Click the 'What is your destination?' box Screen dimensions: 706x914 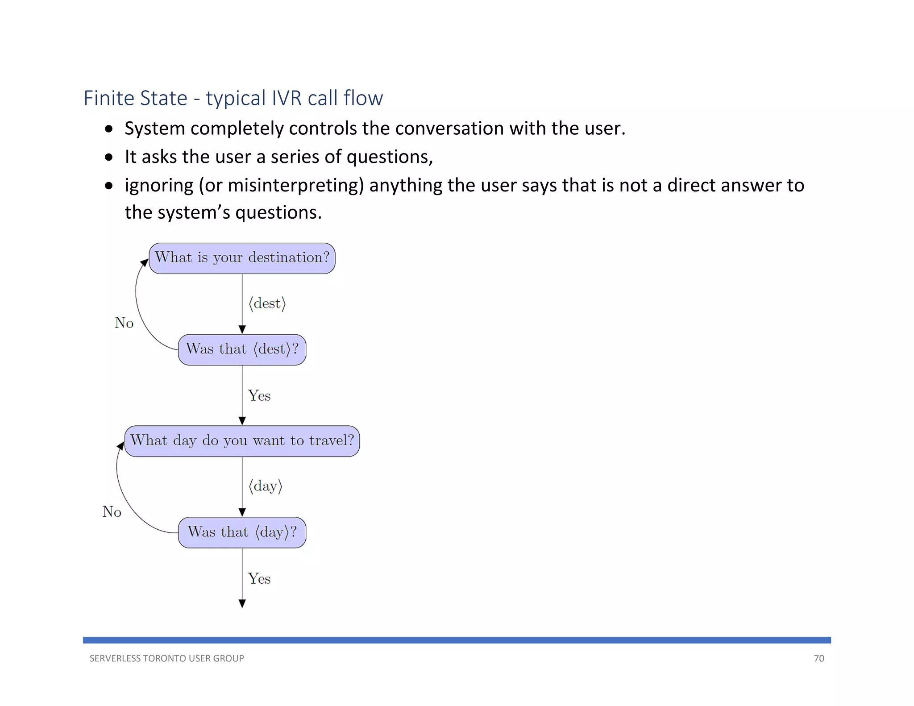242,258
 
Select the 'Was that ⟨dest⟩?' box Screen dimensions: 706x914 242,349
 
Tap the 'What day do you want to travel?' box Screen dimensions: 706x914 242,441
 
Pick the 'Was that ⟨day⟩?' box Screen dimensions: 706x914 242,532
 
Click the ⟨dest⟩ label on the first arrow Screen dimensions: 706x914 267,303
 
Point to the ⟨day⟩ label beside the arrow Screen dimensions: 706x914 266,486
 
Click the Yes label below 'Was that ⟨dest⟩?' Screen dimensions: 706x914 259,396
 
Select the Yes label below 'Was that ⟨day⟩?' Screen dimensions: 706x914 259,579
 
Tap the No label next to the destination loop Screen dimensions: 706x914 124,323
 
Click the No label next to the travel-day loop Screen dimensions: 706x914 112,512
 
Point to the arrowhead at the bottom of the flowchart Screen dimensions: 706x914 242,604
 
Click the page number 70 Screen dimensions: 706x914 818,658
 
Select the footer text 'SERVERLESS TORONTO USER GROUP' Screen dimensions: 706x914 166,658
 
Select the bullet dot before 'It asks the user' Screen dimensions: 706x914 109,158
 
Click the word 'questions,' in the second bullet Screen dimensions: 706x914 389,157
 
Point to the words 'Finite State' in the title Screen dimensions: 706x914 135,98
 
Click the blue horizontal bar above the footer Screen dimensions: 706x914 457,640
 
